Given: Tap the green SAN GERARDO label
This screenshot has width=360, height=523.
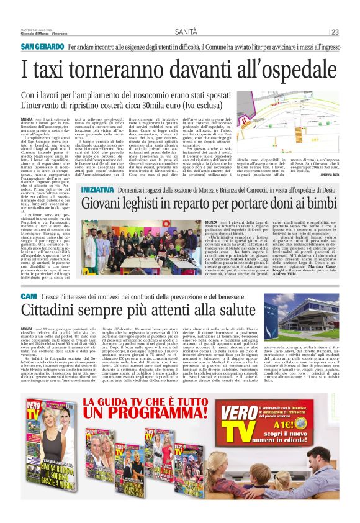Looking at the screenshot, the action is click(42, 47).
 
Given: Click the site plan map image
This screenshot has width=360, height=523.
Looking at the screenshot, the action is click(299, 118).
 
